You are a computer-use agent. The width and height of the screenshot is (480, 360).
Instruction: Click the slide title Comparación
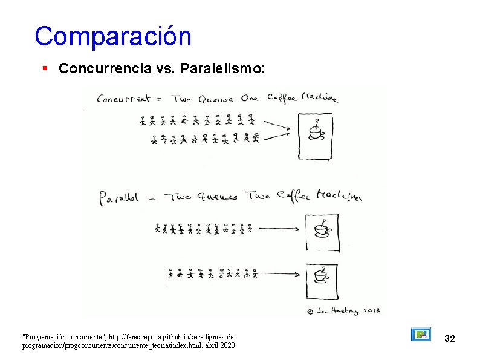point(113,36)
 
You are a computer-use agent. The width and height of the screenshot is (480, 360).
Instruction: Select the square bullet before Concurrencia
point(45,69)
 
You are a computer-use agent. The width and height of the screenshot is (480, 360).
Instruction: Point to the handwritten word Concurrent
point(125,99)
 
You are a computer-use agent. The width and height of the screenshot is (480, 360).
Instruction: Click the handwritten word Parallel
point(119,197)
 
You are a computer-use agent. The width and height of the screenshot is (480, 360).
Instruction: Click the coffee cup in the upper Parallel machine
point(322,229)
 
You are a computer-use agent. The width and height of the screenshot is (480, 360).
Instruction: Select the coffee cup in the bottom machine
point(320,275)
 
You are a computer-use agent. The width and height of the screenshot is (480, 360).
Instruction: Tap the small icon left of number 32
point(421,335)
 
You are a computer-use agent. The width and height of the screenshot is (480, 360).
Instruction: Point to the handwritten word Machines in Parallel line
point(339,197)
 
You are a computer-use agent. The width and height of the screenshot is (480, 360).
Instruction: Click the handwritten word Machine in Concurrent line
point(319,99)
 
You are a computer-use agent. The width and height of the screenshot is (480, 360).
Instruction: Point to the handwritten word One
point(249,99)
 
